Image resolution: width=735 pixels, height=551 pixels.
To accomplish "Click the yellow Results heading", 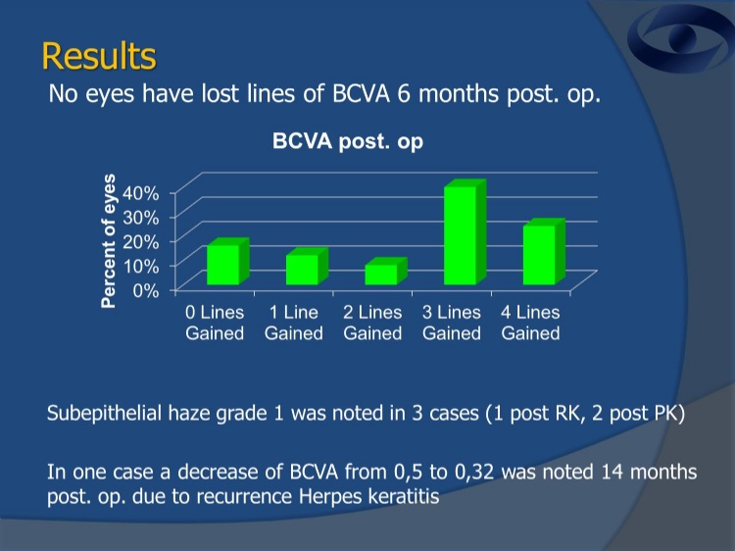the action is tap(99, 56).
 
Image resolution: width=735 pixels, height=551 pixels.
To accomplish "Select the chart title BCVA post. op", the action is tap(348, 141).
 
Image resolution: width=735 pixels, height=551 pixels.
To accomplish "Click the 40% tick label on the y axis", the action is tap(140, 193).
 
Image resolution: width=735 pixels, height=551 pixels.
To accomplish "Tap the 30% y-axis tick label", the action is tap(140, 217).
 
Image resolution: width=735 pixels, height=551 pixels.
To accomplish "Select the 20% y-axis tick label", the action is tap(140, 241).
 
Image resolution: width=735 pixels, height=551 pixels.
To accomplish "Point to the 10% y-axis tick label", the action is tap(140, 266).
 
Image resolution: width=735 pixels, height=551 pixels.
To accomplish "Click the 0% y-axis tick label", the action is tap(146, 291).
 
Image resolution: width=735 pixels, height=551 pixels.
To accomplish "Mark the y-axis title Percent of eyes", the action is tap(108, 241).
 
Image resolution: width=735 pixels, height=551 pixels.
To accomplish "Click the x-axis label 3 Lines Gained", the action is tap(452, 323).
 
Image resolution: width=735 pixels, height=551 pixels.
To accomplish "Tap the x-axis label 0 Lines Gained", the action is tap(215, 323).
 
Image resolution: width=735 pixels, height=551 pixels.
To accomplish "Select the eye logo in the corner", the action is tap(681, 38).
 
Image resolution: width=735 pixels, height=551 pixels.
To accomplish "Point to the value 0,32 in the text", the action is tap(474, 473).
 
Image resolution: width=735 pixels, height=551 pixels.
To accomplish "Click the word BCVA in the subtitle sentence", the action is tap(361, 94).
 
